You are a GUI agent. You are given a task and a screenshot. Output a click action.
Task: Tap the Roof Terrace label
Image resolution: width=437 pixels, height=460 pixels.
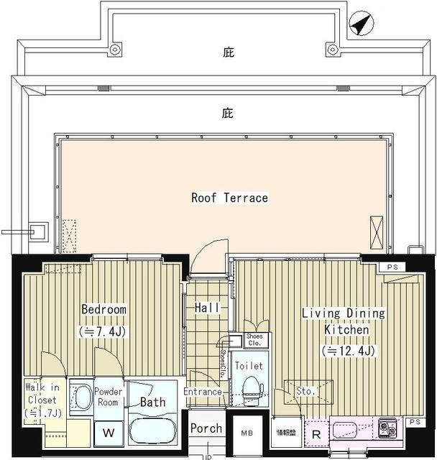pos(229,198)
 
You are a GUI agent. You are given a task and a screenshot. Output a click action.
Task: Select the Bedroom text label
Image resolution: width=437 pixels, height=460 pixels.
pos(103,310)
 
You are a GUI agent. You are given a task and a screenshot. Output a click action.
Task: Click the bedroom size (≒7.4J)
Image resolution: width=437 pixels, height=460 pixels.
pos(103,331)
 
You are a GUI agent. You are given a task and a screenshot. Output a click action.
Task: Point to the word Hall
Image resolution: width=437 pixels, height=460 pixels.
pos(207,308)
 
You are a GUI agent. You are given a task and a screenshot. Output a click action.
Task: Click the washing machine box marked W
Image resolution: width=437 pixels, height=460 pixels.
pos(109,433)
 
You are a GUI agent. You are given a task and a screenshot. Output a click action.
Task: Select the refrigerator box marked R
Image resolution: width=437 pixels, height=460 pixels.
pos(316,433)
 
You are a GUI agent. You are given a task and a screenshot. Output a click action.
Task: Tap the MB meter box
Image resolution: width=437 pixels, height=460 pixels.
pos(247,433)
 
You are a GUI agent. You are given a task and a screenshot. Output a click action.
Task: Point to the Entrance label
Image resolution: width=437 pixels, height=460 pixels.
pos(203,392)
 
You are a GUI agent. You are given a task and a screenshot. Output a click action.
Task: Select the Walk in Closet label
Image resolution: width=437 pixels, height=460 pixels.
pos(43,399)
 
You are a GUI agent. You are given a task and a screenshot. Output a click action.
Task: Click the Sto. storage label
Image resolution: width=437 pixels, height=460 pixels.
pos(305,392)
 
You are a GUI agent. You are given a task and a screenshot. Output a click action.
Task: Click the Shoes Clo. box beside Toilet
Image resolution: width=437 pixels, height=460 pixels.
pos(254,339)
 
